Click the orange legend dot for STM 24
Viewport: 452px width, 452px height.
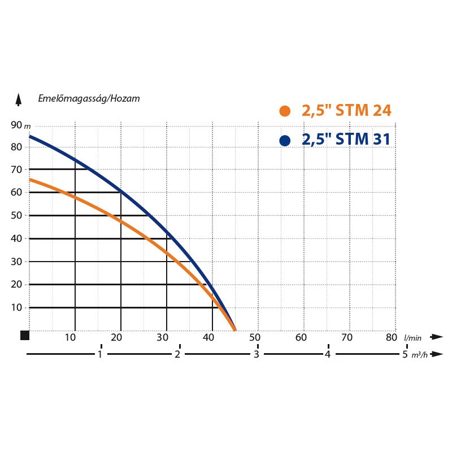(x=285, y=111)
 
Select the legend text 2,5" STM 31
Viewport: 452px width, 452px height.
(x=346, y=139)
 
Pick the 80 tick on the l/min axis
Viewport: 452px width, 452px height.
(x=391, y=338)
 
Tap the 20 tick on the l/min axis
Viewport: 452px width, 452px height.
(x=116, y=338)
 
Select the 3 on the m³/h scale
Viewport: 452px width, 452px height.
(x=255, y=355)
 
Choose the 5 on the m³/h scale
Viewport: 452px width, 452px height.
(x=405, y=355)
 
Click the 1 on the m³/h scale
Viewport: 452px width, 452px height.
(x=100, y=355)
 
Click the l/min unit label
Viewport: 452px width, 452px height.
(x=413, y=337)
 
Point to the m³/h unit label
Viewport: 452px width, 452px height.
(x=419, y=355)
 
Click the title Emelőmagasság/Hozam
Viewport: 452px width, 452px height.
(x=89, y=98)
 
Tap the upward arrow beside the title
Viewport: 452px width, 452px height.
(x=19, y=99)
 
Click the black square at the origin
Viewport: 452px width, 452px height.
(x=24, y=336)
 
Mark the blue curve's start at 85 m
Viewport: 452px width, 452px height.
(x=30, y=136)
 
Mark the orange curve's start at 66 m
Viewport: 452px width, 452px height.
(x=30, y=179)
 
